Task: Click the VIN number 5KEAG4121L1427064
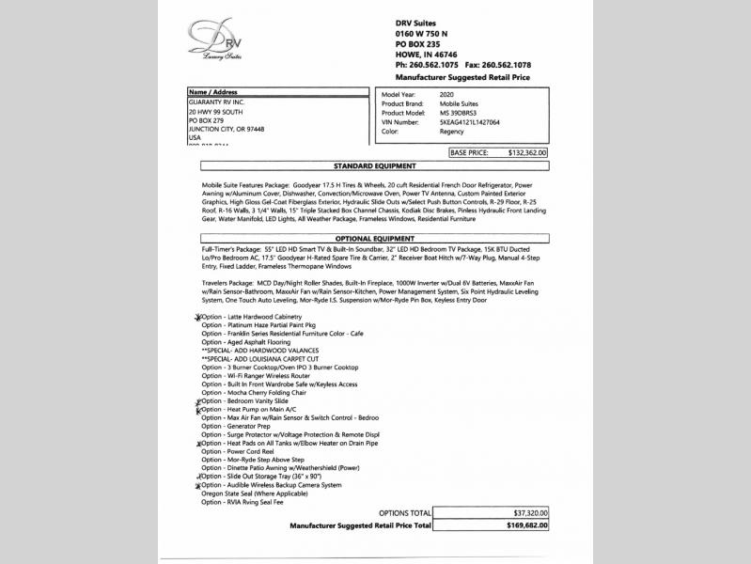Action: click(x=469, y=122)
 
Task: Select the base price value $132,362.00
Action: click(x=526, y=151)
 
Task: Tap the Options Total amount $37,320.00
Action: click(x=527, y=512)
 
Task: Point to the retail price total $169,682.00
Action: click(x=525, y=525)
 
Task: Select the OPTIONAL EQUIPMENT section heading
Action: click(x=374, y=239)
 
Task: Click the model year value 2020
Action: click(x=448, y=95)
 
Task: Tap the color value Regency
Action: click(x=451, y=132)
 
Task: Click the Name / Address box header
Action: click(x=214, y=93)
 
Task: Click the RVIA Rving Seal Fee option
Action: click(x=243, y=503)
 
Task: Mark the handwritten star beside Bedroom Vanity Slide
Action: click(x=198, y=402)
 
